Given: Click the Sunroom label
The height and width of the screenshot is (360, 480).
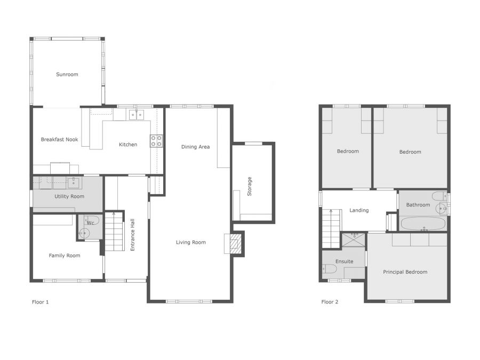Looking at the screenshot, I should (67, 75).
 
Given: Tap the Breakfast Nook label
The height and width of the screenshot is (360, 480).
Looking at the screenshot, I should (60, 140).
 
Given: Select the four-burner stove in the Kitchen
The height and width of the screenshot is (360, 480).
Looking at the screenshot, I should (156, 141).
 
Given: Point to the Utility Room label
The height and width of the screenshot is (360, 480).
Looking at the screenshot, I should (70, 197).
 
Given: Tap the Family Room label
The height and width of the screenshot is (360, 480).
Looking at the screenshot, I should (65, 256).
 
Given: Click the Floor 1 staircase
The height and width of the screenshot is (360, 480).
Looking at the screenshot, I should (114, 231).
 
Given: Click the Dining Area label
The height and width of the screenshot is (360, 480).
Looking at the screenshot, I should (195, 147).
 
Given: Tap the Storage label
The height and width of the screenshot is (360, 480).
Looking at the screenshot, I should (249, 187).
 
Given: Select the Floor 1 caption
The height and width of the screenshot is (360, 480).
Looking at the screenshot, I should (41, 302).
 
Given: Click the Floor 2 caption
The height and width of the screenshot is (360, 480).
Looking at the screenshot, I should (330, 302).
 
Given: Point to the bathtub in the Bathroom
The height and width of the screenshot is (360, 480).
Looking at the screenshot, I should (423, 224).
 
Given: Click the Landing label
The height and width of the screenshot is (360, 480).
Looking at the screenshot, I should (359, 210).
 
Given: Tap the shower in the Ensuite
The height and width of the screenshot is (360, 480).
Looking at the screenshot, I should (354, 238).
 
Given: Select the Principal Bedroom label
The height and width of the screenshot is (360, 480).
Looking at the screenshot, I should (405, 272).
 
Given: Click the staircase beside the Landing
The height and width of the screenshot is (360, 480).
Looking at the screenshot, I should (331, 229).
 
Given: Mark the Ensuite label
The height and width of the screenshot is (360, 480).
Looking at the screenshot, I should (344, 261).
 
